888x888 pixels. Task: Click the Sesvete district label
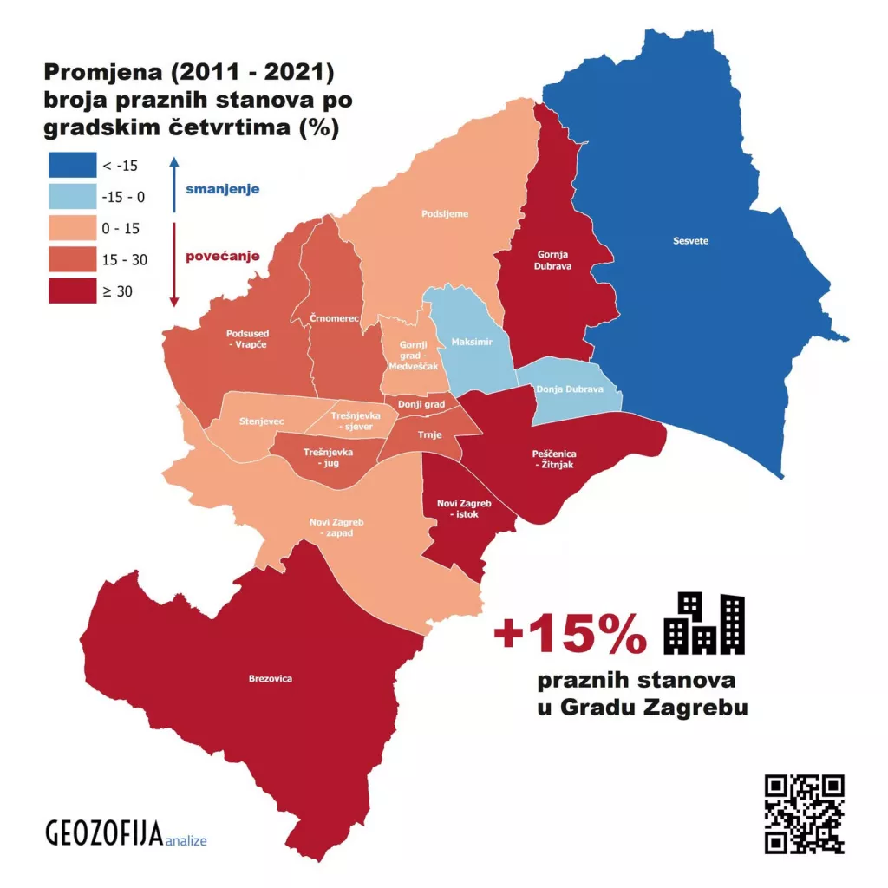690,241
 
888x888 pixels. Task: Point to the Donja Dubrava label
569,389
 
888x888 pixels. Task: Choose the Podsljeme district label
445,213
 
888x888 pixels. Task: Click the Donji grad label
421,404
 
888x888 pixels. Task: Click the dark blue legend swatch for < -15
71,165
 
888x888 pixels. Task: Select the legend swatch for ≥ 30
71,291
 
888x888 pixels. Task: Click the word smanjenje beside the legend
222,188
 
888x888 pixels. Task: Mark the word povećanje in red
223,257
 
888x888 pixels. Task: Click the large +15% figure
570,636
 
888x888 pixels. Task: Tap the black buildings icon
703,624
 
